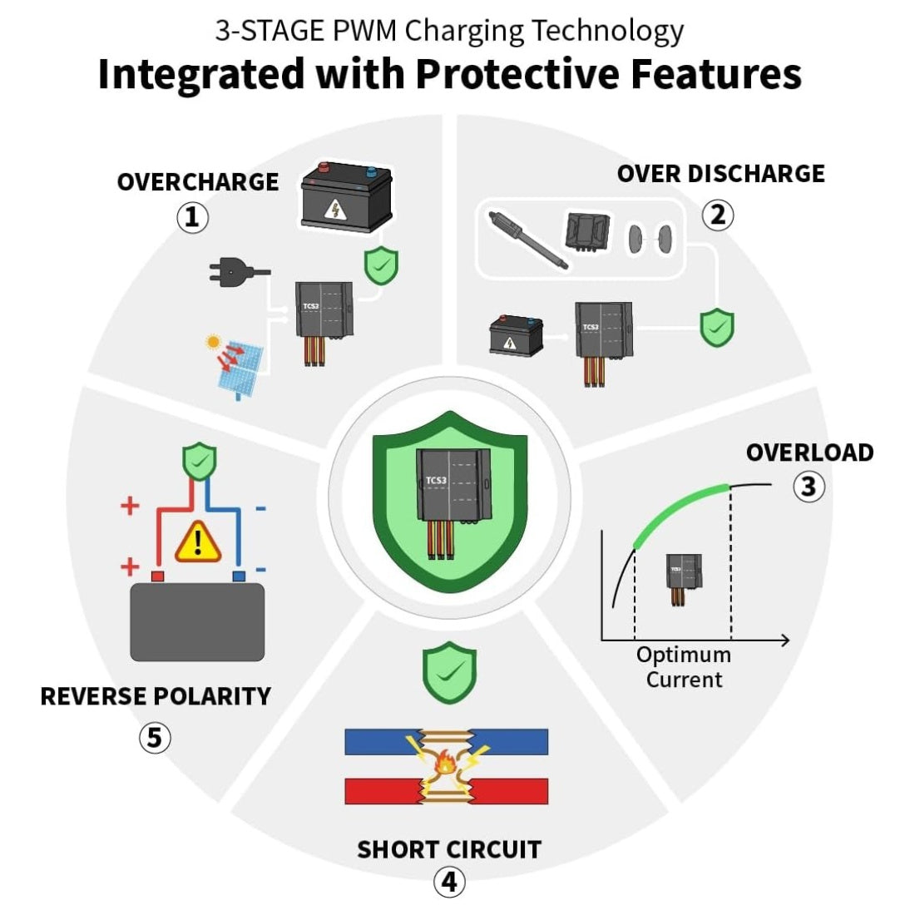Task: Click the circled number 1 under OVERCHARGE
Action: point(192,217)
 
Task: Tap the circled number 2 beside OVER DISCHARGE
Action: point(718,215)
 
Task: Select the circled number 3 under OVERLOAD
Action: point(809,486)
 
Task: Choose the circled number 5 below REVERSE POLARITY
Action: point(155,737)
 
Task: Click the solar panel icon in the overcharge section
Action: point(237,366)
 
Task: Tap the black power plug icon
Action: point(237,270)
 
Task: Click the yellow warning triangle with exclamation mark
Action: point(198,542)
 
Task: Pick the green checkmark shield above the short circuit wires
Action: point(449,672)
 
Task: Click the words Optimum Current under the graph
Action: point(684,667)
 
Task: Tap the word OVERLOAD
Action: point(809,453)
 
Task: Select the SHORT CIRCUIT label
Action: point(449,849)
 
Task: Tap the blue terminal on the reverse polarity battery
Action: point(239,576)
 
